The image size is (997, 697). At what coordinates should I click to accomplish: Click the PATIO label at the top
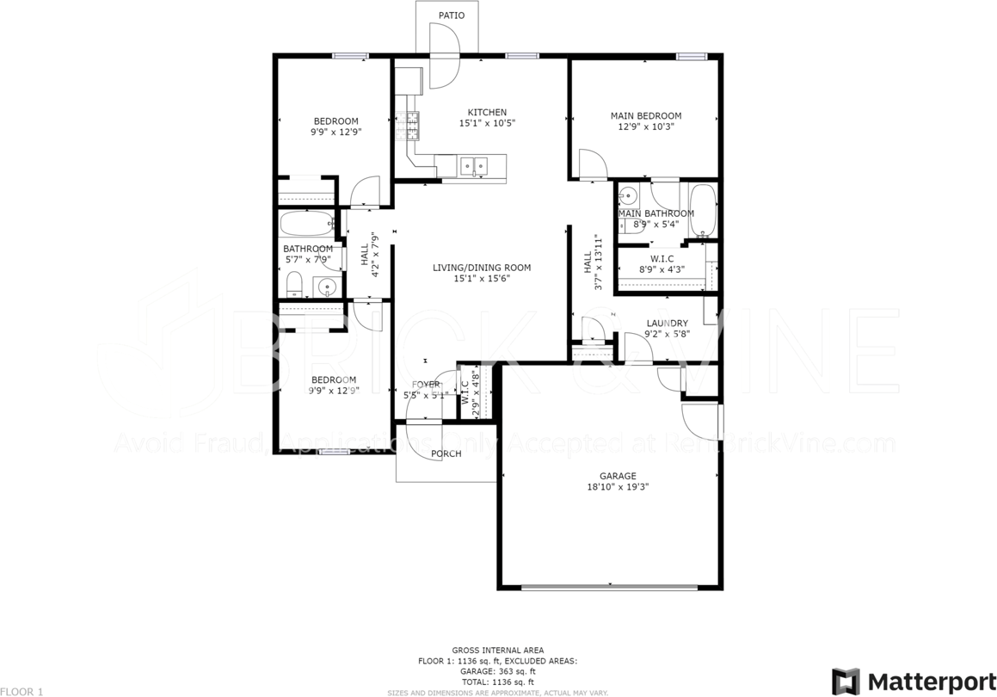[451, 15]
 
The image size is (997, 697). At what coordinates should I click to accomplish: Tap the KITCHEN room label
[487, 113]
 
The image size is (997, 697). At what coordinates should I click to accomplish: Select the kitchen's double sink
[472, 164]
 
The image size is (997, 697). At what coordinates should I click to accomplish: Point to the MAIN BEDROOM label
[645, 116]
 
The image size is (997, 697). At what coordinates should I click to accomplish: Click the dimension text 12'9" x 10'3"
[645, 126]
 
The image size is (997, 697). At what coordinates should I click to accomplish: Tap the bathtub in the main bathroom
[703, 211]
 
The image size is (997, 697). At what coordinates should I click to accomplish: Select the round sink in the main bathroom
[629, 194]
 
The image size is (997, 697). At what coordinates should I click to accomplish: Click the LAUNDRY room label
[667, 324]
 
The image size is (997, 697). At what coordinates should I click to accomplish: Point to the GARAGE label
[618, 476]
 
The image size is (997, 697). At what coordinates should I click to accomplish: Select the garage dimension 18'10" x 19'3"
[618, 486]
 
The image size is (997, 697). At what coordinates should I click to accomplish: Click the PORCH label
[446, 453]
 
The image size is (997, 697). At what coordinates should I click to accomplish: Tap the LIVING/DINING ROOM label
[482, 268]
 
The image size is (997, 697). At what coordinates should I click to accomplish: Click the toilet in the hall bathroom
[293, 285]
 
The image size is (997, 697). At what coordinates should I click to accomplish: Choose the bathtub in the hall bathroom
[306, 223]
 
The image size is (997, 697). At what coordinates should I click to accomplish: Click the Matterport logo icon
[846, 681]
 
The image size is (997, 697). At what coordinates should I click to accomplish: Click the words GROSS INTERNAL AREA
[497, 651]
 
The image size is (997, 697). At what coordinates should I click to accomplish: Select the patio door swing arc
[446, 56]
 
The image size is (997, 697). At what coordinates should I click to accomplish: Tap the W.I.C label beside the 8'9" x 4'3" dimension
[662, 258]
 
